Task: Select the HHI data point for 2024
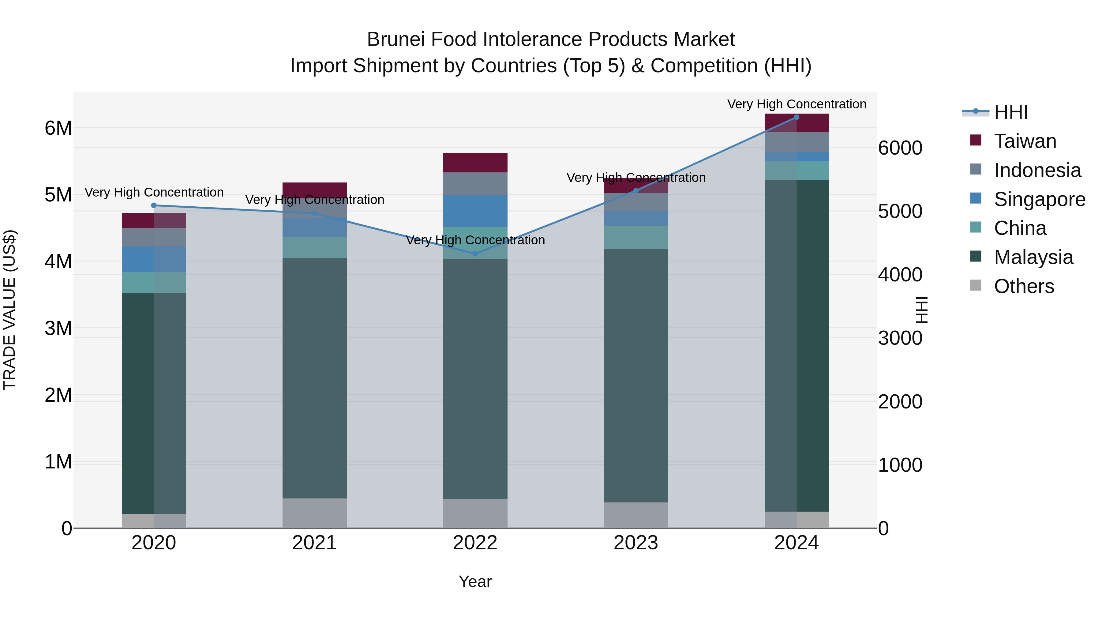pyautogui.click(x=796, y=117)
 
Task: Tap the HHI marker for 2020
pyautogui.click(x=154, y=205)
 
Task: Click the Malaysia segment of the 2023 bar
pyautogui.click(x=636, y=376)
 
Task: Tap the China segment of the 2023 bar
pyautogui.click(x=636, y=238)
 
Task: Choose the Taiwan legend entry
pyautogui.click(x=1025, y=141)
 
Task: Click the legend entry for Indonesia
pyautogui.click(x=1037, y=170)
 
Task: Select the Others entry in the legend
pyautogui.click(x=1024, y=286)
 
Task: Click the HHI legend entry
pyautogui.click(x=1010, y=112)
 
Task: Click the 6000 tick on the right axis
pyautogui.click(x=900, y=148)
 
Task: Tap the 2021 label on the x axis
pyautogui.click(x=314, y=543)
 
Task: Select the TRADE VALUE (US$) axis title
pyautogui.click(x=9, y=310)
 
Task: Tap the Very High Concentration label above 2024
pyautogui.click(x=797, y=104)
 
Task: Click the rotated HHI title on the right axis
pyautogui.click(x=921, y=310)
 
